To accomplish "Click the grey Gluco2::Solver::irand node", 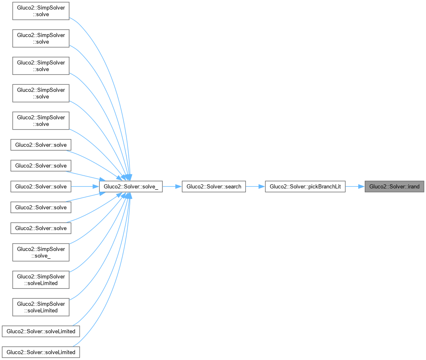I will (394, 186).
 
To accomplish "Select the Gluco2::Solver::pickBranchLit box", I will (305, 186).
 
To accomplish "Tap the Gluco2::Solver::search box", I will (214, 186).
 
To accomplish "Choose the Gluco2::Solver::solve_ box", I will (131, 186).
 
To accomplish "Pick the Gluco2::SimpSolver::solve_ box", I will (41, 253).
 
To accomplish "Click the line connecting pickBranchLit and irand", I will (355, 186).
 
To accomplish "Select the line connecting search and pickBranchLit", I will (255, 186).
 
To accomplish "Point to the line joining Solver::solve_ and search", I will (172, 186).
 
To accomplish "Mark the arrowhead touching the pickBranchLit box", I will (261, 186).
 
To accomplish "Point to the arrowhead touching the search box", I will (178, 186).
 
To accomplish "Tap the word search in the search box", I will (233, 186).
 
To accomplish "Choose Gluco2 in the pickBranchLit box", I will (278, 186).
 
